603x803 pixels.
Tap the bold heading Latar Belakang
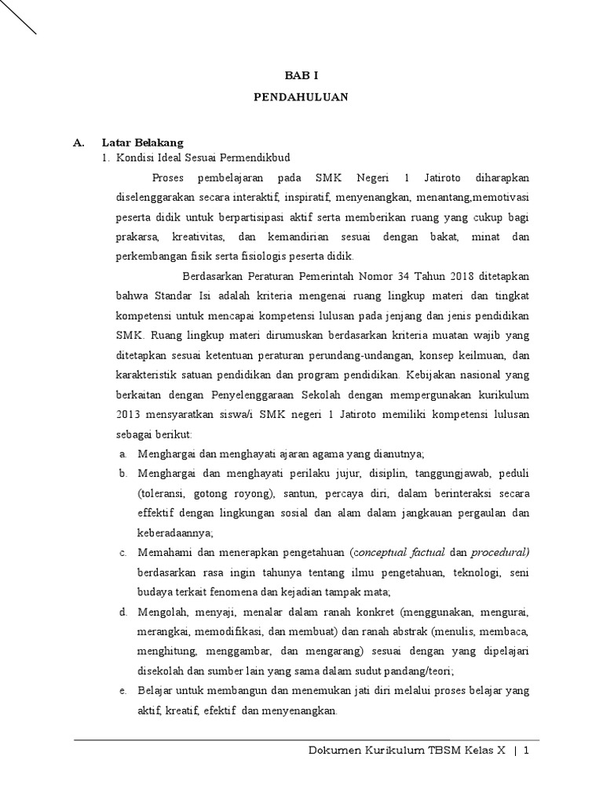pos(142,143)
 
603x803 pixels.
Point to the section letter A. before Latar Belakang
pos(78,143)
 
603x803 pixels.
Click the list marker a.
pos(123,454)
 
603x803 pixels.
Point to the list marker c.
pos(123,553)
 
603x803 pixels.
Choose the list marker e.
pos(123,691)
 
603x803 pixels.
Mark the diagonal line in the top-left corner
pos(18,18)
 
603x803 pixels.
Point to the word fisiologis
pos(243,256)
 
